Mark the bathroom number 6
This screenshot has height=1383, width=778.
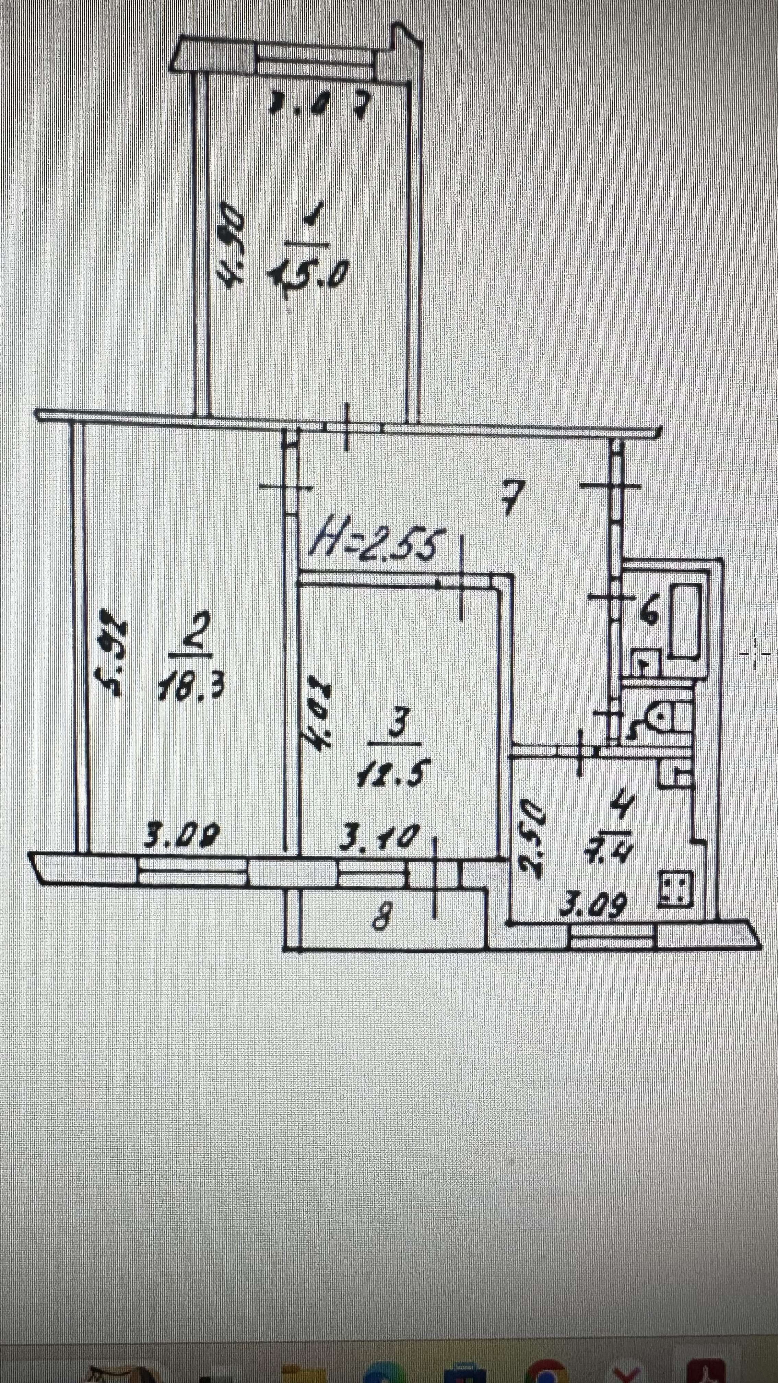click(649, 612)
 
